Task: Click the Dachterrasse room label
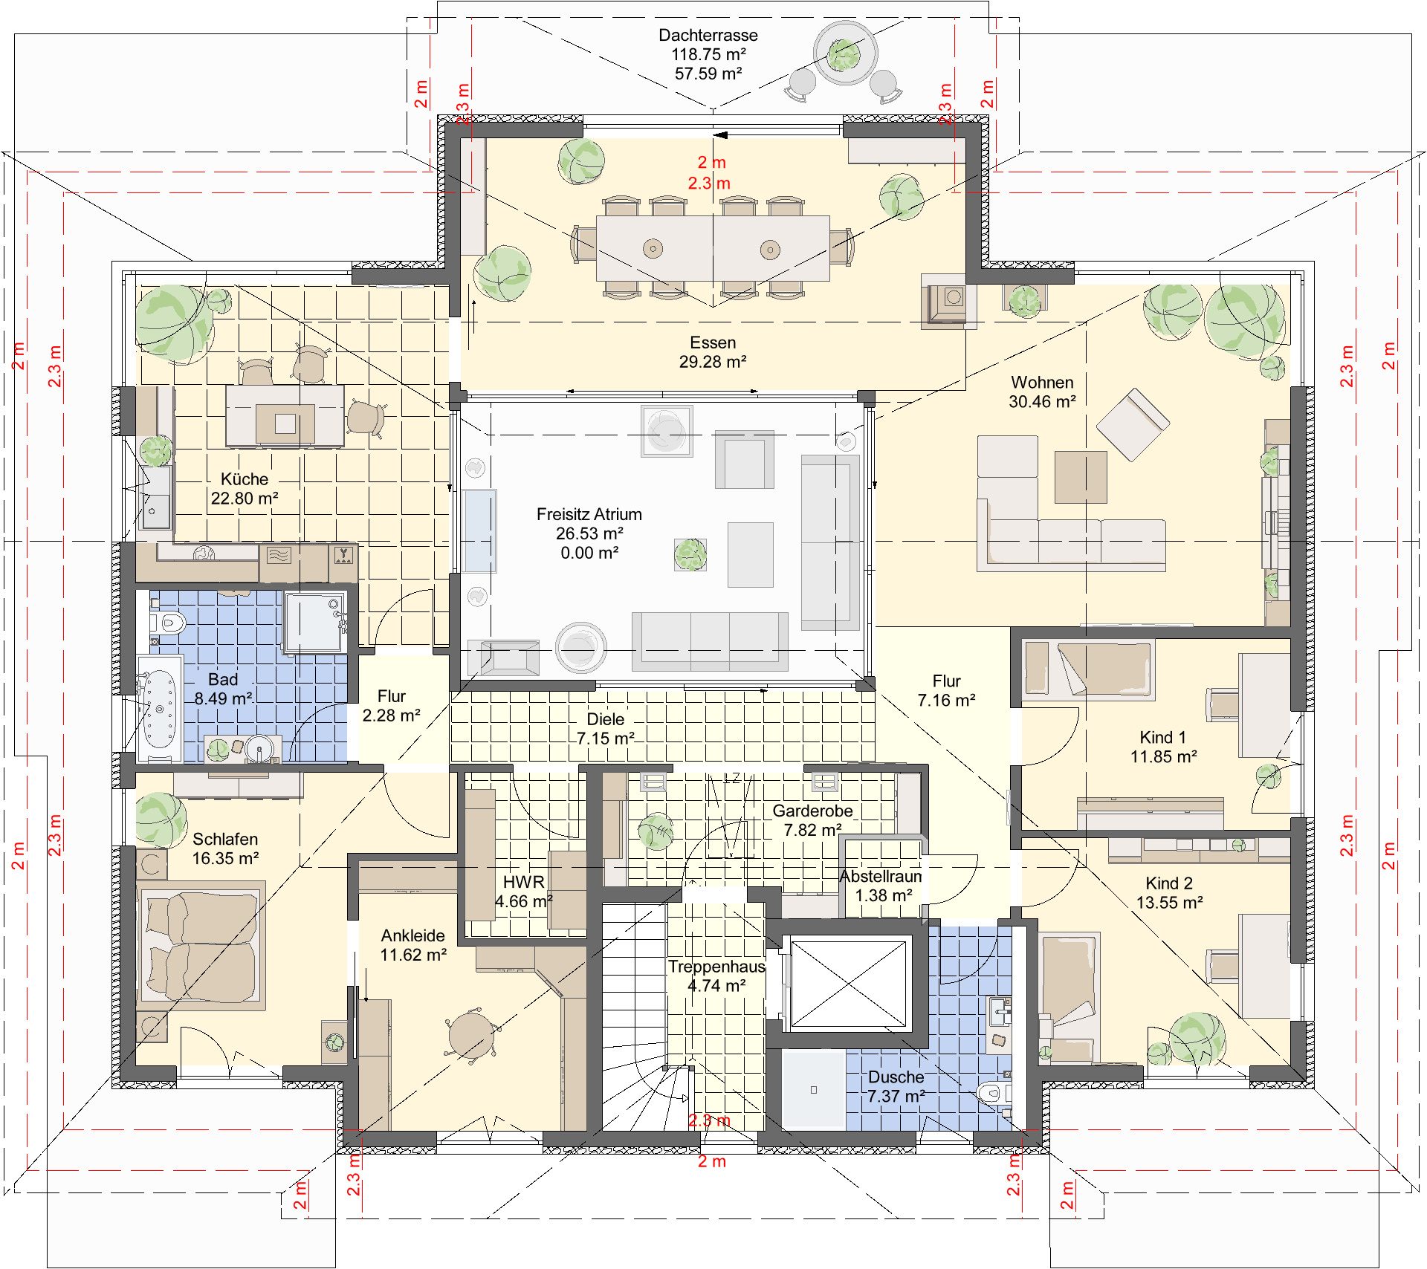click(x=708, y=35)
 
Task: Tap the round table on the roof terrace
click(x=845, y=53)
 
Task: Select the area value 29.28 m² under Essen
click(x=713, y=362)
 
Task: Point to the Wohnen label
click(x=1042, y=382)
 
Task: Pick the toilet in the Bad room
click(x=168, y=623)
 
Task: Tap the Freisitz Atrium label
click(x=589, y=514)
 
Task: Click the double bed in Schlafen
click(x=201, y=946)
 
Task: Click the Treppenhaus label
click(x=716, y=967)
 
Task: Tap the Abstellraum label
click(x=881, y=876)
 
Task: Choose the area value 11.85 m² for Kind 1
click(x=1164, y=756)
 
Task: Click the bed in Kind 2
click(x=1069, y=996)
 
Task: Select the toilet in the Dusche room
click(x=993, y=1092)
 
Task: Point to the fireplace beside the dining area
click(x=949, y=300)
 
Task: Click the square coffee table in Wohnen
click(x=1081, y=477)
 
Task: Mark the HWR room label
click(x=524, y=882)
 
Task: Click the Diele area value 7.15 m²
click(x=606, y=739)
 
